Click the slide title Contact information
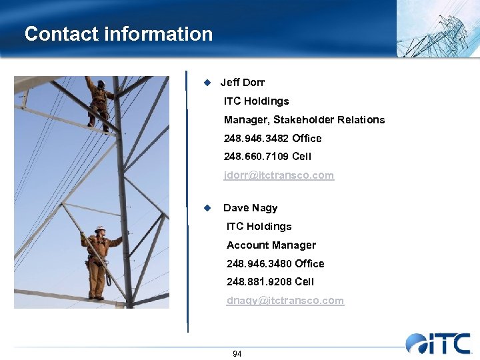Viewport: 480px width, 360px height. [x=119, y=34]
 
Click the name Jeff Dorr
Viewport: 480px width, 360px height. [x=243, y=83]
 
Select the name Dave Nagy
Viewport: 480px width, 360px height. [x=250, y=208]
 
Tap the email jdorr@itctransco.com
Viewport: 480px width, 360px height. [x=279, y=175]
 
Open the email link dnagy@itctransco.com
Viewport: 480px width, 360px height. [x=285, y=301]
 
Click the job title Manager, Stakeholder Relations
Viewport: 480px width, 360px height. [x=304, y=120]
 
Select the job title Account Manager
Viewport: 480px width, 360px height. [x=271, y=245]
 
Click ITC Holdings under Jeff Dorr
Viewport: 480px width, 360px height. [x=257, y=101]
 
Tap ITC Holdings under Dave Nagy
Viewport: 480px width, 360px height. [x=259, y=227]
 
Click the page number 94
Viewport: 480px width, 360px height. [x=237, y=354]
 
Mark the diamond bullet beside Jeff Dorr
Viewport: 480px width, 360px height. [x=207, y=83]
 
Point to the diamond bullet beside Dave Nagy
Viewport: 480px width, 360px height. [x=207, y=208]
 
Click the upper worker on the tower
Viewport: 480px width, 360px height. [x=100, y=103]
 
